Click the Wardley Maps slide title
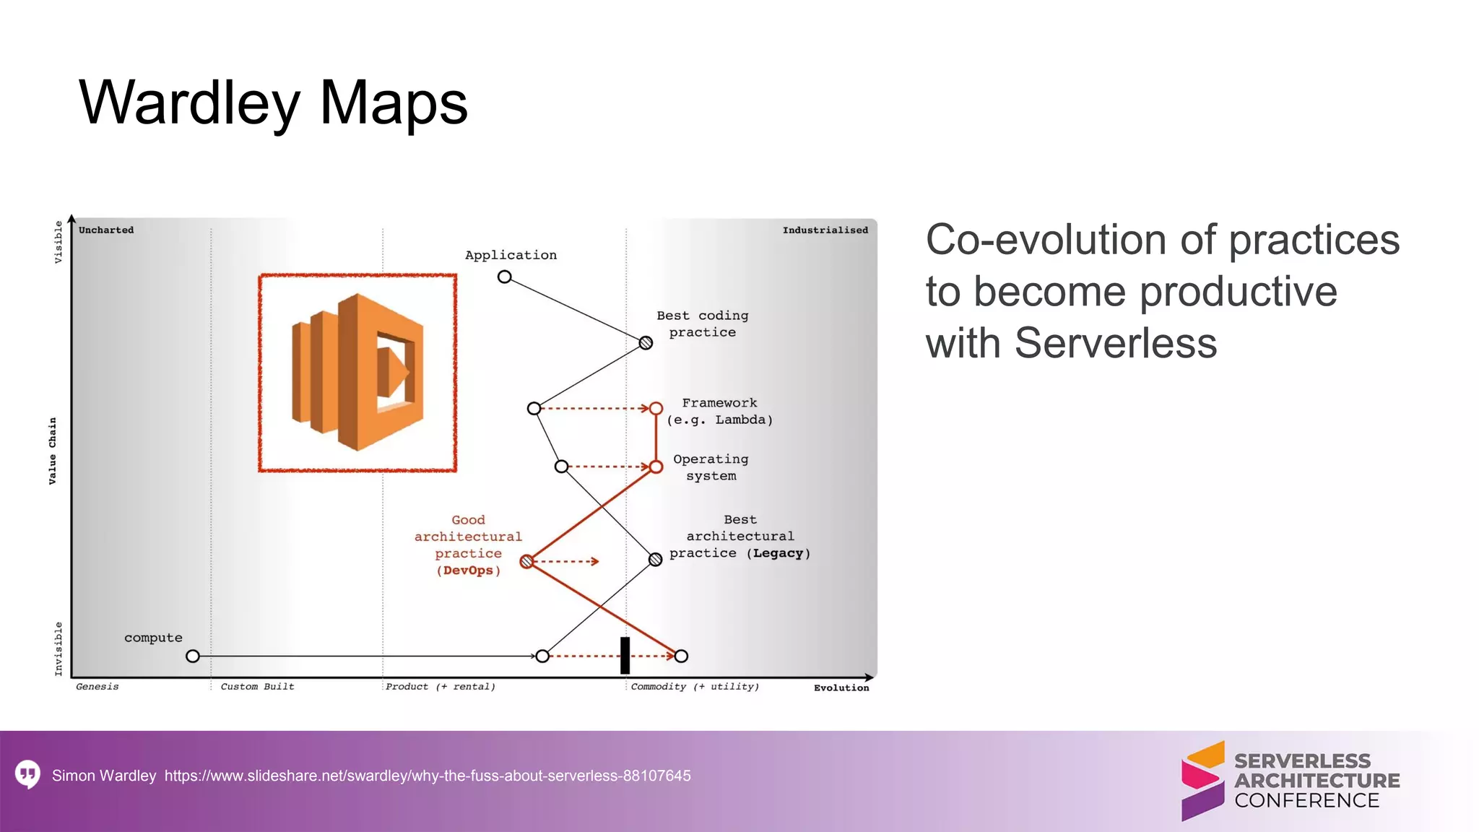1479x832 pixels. (273, 103)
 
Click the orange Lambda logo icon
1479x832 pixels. (357, 372)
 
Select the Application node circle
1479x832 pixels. (505, 277)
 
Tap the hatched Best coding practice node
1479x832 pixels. (646, 343)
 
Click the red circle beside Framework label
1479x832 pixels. (656, 409)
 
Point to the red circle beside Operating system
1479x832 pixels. (656, 467)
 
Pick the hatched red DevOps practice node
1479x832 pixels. (527, 561)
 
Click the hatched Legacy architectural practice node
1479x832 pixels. (655, 559)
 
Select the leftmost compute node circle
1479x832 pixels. (193, 656)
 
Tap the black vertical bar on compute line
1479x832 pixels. (625, 655)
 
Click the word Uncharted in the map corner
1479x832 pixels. (106, 230)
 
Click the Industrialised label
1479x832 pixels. (825, 230)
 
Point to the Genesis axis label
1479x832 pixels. (97, 687)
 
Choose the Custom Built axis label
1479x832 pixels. (257, 687)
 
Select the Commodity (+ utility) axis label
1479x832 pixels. (695, 687)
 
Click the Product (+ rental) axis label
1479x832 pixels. (441, 687)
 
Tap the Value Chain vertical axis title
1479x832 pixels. (53, 451)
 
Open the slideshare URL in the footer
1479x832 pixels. (428, 776)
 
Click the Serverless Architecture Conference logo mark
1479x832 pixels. (1203, 781)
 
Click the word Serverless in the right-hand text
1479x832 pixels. (1115, 343)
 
